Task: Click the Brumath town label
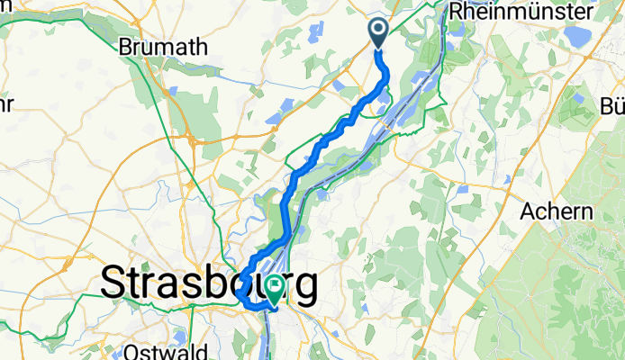click(164, 47)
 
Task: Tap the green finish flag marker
click(275, 290)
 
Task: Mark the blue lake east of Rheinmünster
click(574, 36)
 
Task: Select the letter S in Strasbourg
click(114, 283)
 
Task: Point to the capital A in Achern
click(529, 211)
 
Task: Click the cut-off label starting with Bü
click(611, 105)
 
